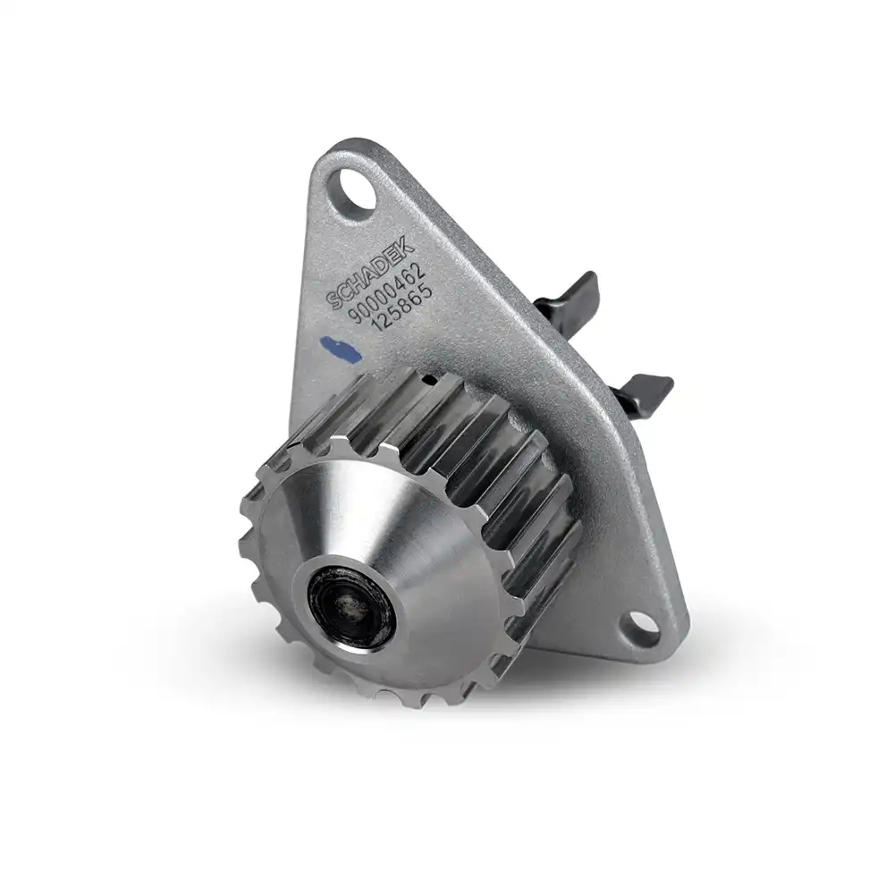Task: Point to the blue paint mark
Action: click(x=342, y=347)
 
